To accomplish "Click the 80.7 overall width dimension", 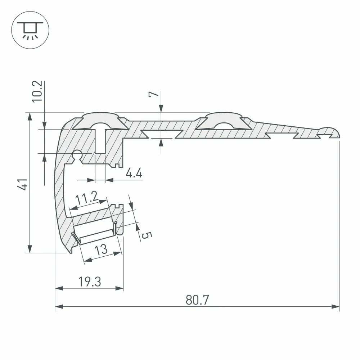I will pyautogui.click(x=198, y=300).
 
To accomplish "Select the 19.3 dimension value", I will pyautogui.click(x=90, y=282).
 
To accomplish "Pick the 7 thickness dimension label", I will pyautogui.click(x=153, y=95).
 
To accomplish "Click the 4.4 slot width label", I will pyautogui.click(x=134, y=174).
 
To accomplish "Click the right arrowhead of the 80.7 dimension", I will pyautogui.click(x=336, y=307).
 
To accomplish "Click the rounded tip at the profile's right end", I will pyautogui.click(x=333, y=132).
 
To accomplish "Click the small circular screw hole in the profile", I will pyautogui.click(x=77, y=155).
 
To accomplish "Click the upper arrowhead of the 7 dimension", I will pyautogui.click(x=161, y=108).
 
